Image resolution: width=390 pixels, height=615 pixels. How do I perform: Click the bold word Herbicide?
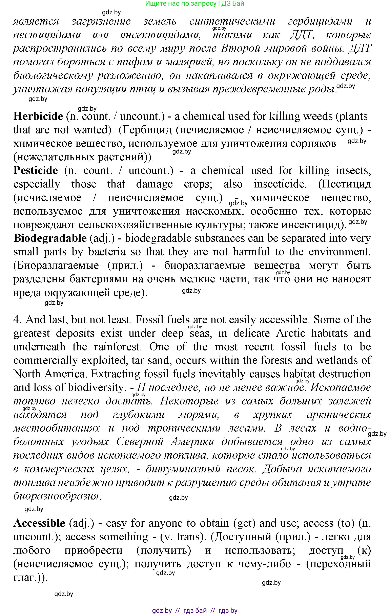click(38, 116)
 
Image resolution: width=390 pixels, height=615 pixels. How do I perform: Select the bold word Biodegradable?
click(50, 238)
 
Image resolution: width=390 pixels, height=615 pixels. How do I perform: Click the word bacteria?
click(107, 252)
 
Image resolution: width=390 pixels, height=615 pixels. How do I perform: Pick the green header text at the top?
click(195, 4)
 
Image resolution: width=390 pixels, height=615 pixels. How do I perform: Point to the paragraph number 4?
click(17, 320)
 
